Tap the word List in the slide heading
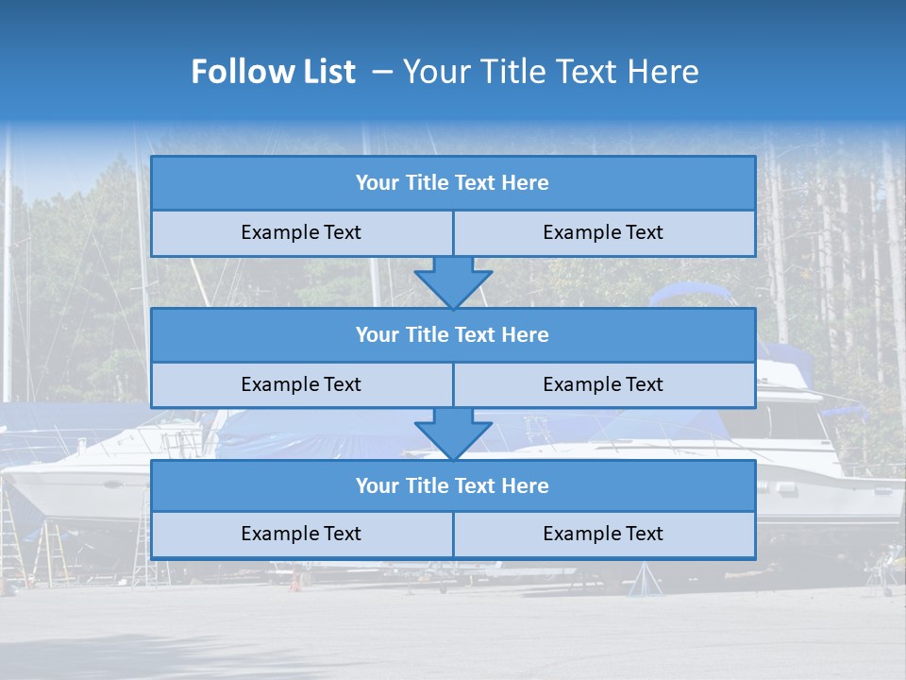tap(324, 72)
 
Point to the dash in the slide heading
tap(382, 72)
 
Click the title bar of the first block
tap(453, 183)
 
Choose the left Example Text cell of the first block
tap(301, 232)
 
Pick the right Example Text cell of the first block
tap(604, 232)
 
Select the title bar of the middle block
tap(453, 334)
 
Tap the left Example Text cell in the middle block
tap(301, 384)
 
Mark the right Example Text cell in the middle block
tap(604, 384)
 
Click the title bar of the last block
tap(453, 485)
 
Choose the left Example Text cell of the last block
tap(301, 534)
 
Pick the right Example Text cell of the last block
tap(604, 534)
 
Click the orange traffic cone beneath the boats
tap(294, 582)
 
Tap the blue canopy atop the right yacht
tap(694, 295)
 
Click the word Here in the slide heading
tap(667, 72)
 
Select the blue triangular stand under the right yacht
tap(645, 578)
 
